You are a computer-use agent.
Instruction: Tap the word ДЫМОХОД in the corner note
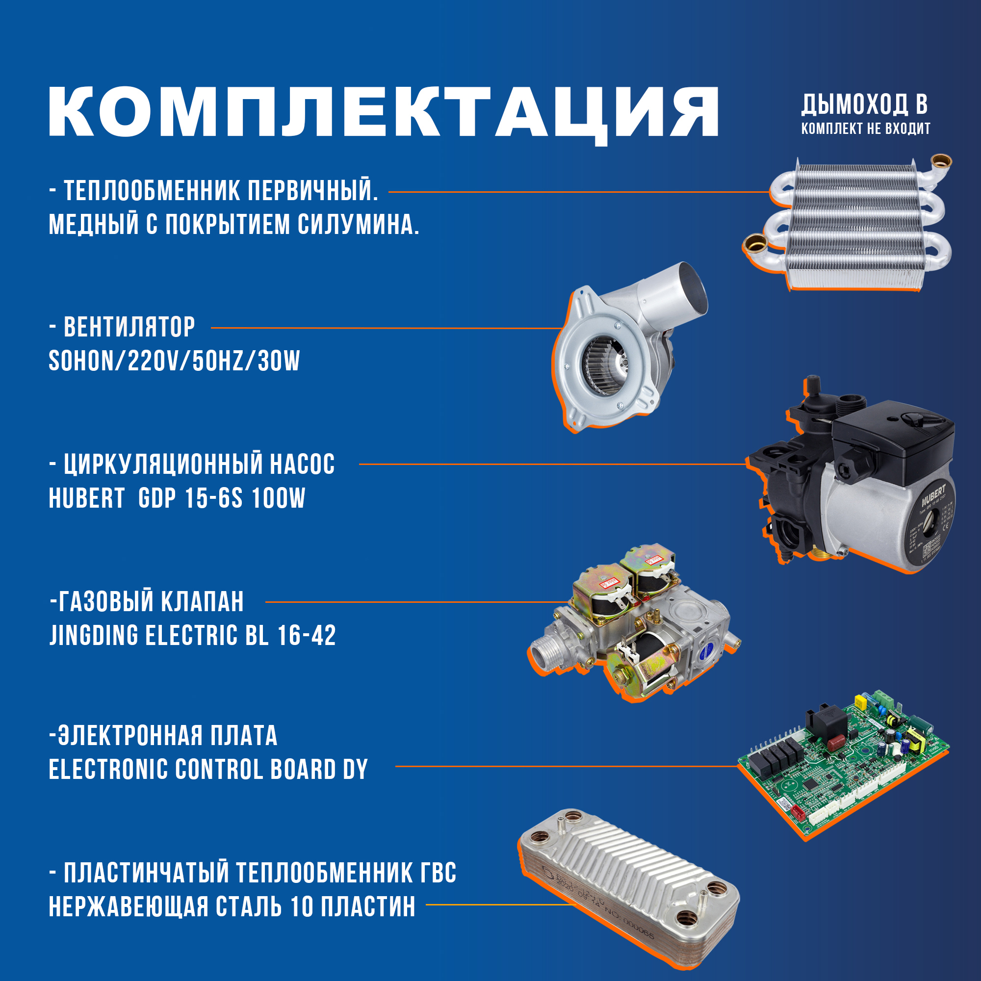point(854,104)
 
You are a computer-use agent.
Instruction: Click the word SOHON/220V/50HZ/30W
point(174,361)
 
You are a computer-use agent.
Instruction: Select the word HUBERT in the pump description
point(86,498)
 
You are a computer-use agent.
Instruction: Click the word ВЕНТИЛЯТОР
point(129,328)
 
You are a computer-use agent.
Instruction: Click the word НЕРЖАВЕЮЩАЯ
point(129,907)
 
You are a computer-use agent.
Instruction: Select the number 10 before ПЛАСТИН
point(302,907)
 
